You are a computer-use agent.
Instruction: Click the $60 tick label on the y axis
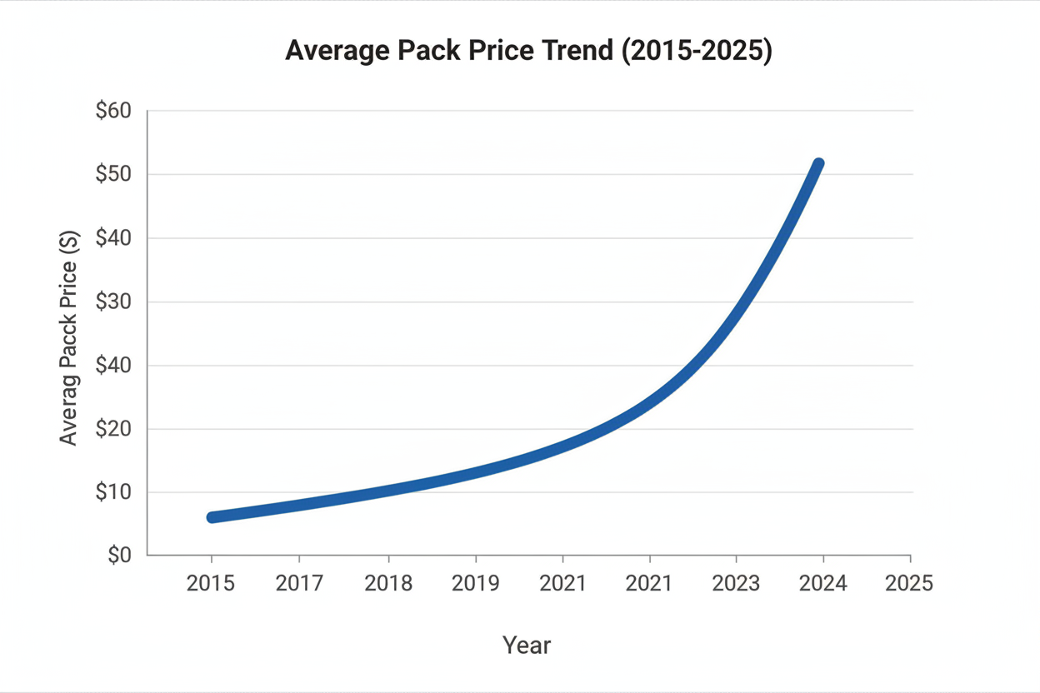[114, 111]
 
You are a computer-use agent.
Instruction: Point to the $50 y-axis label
[114, 175]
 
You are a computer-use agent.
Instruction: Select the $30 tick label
[114, 302]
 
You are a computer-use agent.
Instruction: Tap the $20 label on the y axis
[114, 429]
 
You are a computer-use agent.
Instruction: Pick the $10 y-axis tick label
[114, 492]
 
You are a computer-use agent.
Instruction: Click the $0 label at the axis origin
[120, 556]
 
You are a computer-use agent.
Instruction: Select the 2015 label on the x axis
[211, 583]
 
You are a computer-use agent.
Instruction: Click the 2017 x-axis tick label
[299, 583]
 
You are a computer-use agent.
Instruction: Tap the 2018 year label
[388, 583]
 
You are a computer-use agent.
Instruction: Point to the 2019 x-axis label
[476, 583]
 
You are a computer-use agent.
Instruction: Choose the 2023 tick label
[736, 583]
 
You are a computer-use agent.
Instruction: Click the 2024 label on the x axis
[822, 583]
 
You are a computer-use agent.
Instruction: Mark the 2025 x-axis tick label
[909, 583]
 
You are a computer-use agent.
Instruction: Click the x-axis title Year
[527, 646]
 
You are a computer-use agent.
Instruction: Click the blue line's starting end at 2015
[212, 517]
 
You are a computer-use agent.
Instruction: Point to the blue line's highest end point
[818, 164]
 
